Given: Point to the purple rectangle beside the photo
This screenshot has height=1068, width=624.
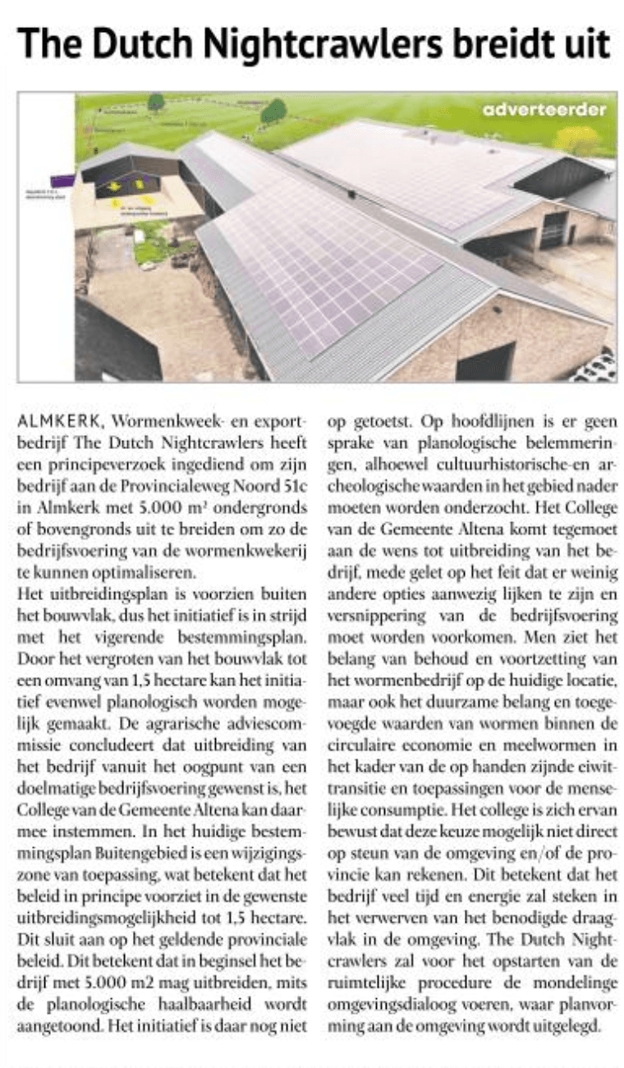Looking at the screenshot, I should point(62,181).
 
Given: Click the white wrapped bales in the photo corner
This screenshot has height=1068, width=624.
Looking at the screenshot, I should point(598,367).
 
